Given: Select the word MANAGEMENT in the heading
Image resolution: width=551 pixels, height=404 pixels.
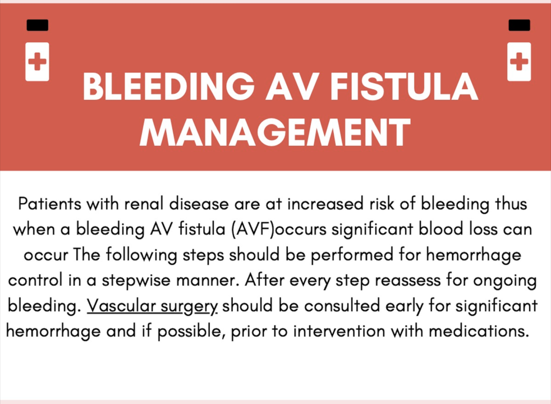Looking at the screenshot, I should (275, 132).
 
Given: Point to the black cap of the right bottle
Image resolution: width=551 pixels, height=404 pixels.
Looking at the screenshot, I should (519, 25).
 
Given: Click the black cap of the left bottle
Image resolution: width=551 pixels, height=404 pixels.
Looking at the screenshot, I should (37, 25).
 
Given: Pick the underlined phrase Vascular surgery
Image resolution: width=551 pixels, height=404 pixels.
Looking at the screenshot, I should (153, 306).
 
